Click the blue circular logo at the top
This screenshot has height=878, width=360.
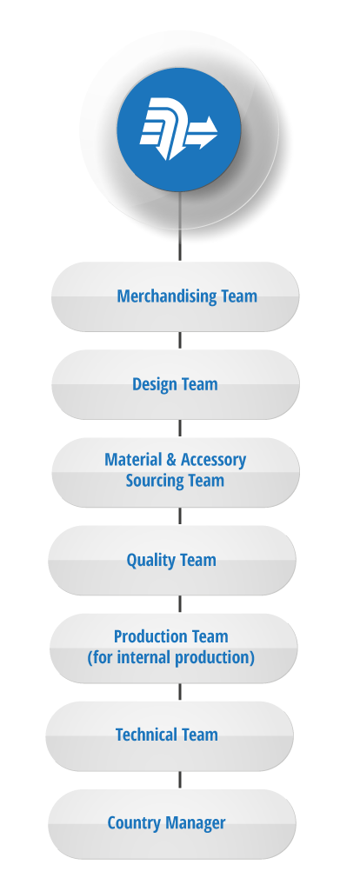coord(179,130)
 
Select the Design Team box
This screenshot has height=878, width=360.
coord(176,385)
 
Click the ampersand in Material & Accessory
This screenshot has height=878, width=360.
coord(171,460)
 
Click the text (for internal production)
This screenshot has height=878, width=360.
coord(170,657)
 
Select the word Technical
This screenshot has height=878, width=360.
coord(143,735)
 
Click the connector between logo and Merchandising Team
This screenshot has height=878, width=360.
coord(180,226)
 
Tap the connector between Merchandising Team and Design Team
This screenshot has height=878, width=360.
coord(180,341)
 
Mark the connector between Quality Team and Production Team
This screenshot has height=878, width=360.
coord(180,604)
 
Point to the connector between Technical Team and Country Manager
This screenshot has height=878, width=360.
coord(180,780)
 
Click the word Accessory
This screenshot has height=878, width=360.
coord(213,461)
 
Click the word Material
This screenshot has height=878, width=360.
coord(133,460)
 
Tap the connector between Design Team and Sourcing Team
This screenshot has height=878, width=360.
coord(180,429)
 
